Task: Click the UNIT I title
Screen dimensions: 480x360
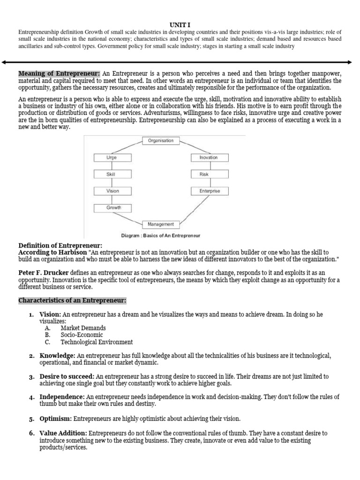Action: pyautogui.click(x=180, y=24)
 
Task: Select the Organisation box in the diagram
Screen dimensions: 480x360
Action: pyautogui.click(x=161, y=141)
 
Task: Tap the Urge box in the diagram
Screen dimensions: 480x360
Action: pyautogui.click(x=113, y=157)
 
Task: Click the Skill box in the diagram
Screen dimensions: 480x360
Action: pyautogui.click(x=113, y=174)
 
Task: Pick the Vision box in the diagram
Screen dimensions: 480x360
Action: pyautogui.click(x=113, y=191)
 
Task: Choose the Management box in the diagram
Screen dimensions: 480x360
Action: pyautogui.click(x=161, y=224)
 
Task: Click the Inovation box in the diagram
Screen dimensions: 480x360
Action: pyautogui.click(x=209, y=157)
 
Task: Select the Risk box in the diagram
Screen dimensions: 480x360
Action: pyautogui.click(x=209, y=174)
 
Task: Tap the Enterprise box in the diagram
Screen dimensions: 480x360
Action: pyautogui.click(x=209, y=191)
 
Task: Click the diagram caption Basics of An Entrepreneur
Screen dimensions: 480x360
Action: pyautogui.click(x=161, y=235)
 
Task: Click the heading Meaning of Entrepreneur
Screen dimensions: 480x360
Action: pyautogui.click(x=59, y=74)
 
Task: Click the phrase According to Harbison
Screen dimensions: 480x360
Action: pyautogui.click(x=52, y=252)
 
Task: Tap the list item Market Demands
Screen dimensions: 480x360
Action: pyautogui.click(x=83, y=328)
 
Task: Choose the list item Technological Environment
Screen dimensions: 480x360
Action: pyautogui.click(x=97, y=342)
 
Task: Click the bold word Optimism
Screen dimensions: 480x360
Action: pyautogui.click(x=55, y=418)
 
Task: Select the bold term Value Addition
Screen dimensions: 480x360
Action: pyautogui.click(x=63, y=433)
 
